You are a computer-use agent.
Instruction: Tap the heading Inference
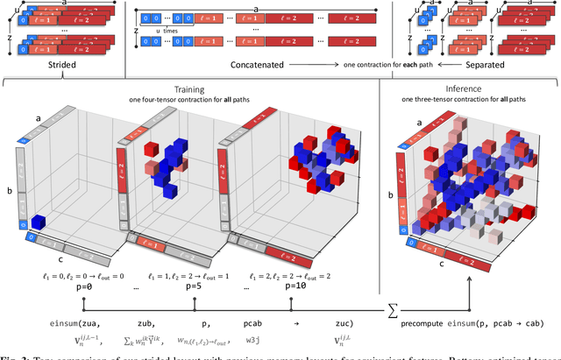[x=469, y=88]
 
